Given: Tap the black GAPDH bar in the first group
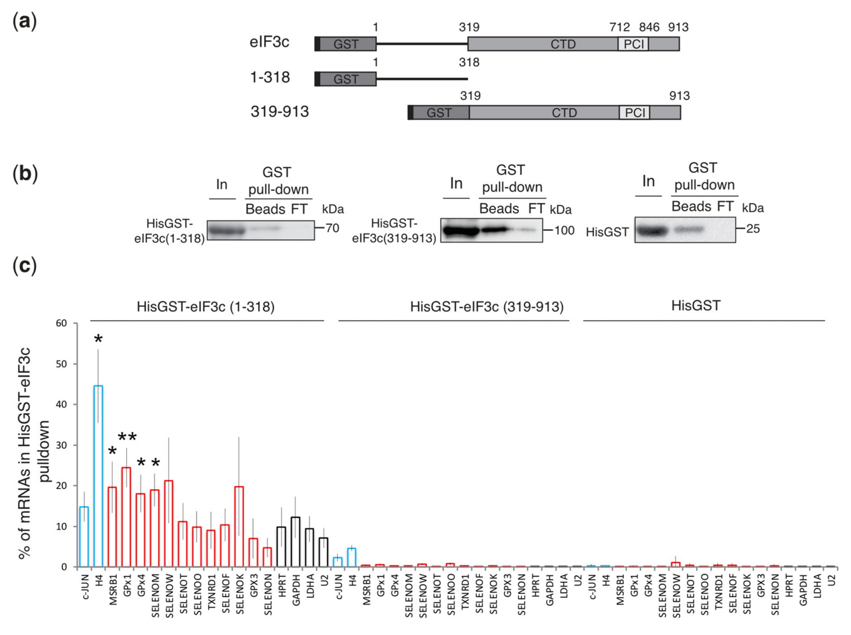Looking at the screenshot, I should (x=295, y=542).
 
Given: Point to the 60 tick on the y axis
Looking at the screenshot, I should (x=61, y=323).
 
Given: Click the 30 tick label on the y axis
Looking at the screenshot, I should (x=61, y=445).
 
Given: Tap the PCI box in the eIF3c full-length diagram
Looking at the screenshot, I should (x=633, y=44).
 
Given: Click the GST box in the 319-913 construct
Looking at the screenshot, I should (x=439, y=113).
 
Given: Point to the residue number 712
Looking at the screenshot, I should (x=619, y=27).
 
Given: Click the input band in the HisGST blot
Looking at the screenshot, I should (x=652, y=231).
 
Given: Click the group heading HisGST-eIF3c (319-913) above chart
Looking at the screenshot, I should (x=486, y=307).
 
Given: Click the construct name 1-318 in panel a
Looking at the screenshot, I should (x=270, y=78).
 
